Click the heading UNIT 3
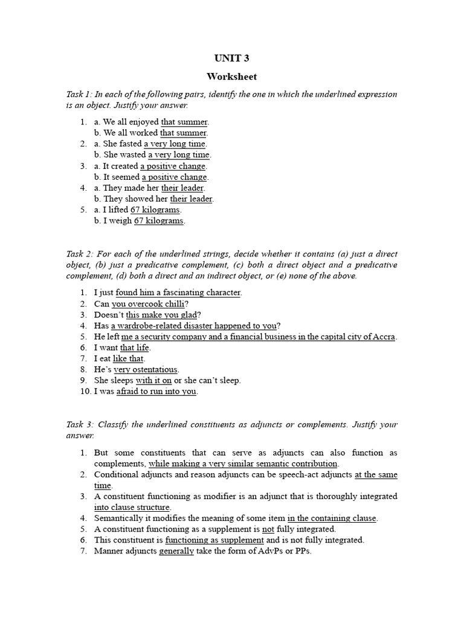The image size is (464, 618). pos(231,59)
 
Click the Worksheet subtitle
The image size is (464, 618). pos(231,77)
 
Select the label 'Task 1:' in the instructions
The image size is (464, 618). pos(79,94)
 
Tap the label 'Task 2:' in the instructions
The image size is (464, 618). pos(79,254)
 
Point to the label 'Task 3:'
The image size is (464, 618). pos(79,424)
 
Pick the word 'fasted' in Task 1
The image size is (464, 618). pos(129,144)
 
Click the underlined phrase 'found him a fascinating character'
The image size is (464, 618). pos(178,293)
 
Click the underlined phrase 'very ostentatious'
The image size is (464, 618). pos(146,369)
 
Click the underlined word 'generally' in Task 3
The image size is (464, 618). pos(176,551)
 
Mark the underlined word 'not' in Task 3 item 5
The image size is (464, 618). pos(268,529)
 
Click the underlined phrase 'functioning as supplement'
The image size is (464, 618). pos(214,540)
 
